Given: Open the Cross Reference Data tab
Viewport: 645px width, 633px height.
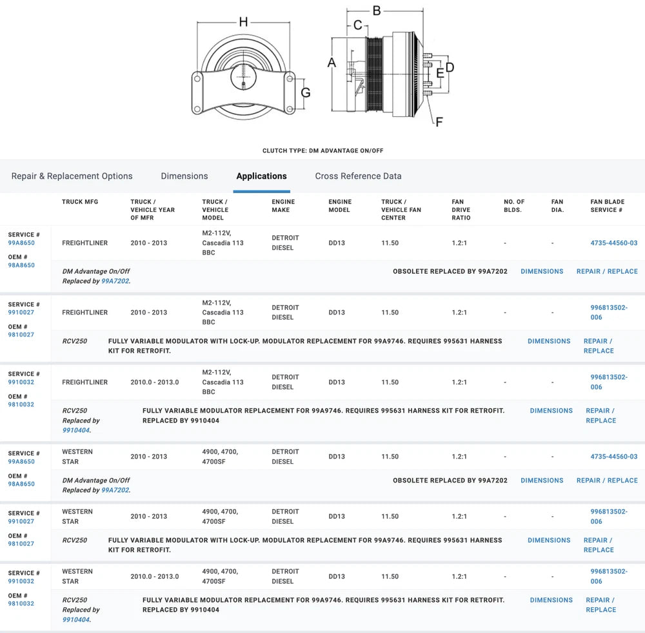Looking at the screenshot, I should click(358, 176).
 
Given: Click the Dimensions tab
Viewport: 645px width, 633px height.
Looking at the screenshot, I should click(184, 176).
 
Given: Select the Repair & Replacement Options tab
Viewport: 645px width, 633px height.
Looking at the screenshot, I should click(72, 176).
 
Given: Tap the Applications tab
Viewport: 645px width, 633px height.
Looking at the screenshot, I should click(261, 176).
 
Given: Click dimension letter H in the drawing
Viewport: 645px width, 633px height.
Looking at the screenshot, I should click(243, 22).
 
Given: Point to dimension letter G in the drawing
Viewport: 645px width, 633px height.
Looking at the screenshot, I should click(306, 92).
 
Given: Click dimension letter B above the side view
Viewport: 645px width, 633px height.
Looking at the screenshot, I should click(377, 10).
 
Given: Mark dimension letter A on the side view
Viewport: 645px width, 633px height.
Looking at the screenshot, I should click(332, 63).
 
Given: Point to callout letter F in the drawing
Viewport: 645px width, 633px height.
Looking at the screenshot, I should click(439, 121).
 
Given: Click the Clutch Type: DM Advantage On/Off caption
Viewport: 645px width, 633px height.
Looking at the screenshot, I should click(322, 150).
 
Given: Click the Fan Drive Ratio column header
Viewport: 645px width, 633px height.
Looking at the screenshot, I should click(461, 210).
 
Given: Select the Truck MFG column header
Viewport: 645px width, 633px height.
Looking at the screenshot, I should click(80, 202).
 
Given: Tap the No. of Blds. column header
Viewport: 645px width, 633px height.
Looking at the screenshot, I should click(514, 205).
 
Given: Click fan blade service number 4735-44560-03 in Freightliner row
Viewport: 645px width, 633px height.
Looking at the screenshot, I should click(613, 243).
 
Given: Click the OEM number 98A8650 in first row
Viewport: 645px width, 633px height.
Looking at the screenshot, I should click(21, 265).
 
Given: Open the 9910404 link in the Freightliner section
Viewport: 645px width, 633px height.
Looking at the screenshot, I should click(76, 430).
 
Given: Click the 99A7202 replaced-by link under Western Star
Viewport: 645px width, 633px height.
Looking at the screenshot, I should click(115, 490).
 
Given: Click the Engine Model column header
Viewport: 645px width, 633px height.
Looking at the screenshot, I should click(340, 205).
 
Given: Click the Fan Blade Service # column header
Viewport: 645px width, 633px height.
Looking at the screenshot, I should click(607, 205).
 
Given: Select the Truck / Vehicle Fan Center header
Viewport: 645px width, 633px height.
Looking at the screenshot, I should click(401, 210).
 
